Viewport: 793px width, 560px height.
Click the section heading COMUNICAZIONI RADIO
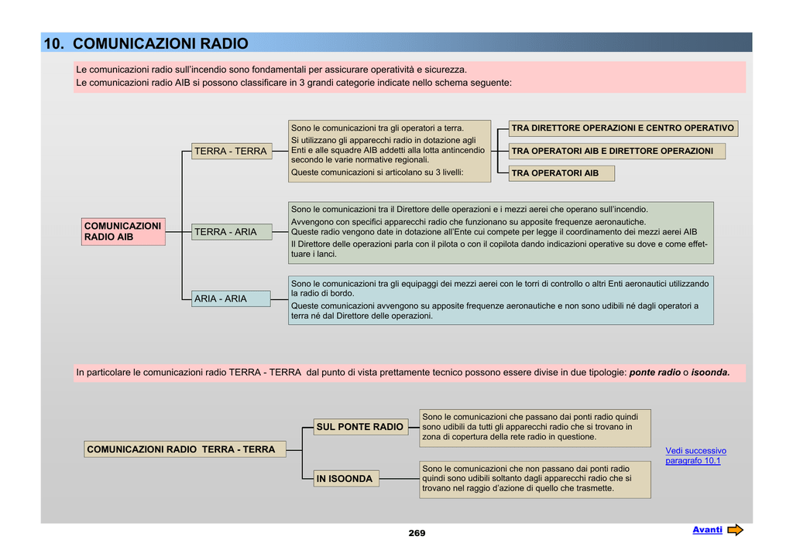tap(160, 43)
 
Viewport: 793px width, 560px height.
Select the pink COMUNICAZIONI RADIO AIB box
tap(123, 232)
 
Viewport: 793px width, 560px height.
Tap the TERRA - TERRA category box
tap(232, 151)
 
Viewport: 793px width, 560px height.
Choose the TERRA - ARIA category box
tap(232, 232)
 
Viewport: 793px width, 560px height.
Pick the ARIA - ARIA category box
tap(231, 299)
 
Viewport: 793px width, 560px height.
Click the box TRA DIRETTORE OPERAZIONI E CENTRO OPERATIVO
tap(623, 128)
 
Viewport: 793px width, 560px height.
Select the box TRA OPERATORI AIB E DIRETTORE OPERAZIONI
tap(616, 151)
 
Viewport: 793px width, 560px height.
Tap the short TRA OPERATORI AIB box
tap(561, 173)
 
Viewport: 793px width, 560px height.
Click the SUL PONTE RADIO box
tap(361, 427)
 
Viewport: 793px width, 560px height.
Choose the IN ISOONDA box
tap(346, 478)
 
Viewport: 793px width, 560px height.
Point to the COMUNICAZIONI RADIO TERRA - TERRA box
tap(184, 449)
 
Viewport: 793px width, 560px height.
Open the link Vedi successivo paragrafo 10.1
tap(695, 456)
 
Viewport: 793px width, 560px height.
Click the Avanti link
tap(707, 530)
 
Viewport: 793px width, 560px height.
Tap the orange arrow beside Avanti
tap(736, 530)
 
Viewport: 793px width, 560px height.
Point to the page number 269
tap(417, 533)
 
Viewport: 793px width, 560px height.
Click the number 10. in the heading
tap(54, 43)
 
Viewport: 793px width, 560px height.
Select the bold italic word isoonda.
tap(711, 373)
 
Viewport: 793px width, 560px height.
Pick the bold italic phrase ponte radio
tap(655, 373)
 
